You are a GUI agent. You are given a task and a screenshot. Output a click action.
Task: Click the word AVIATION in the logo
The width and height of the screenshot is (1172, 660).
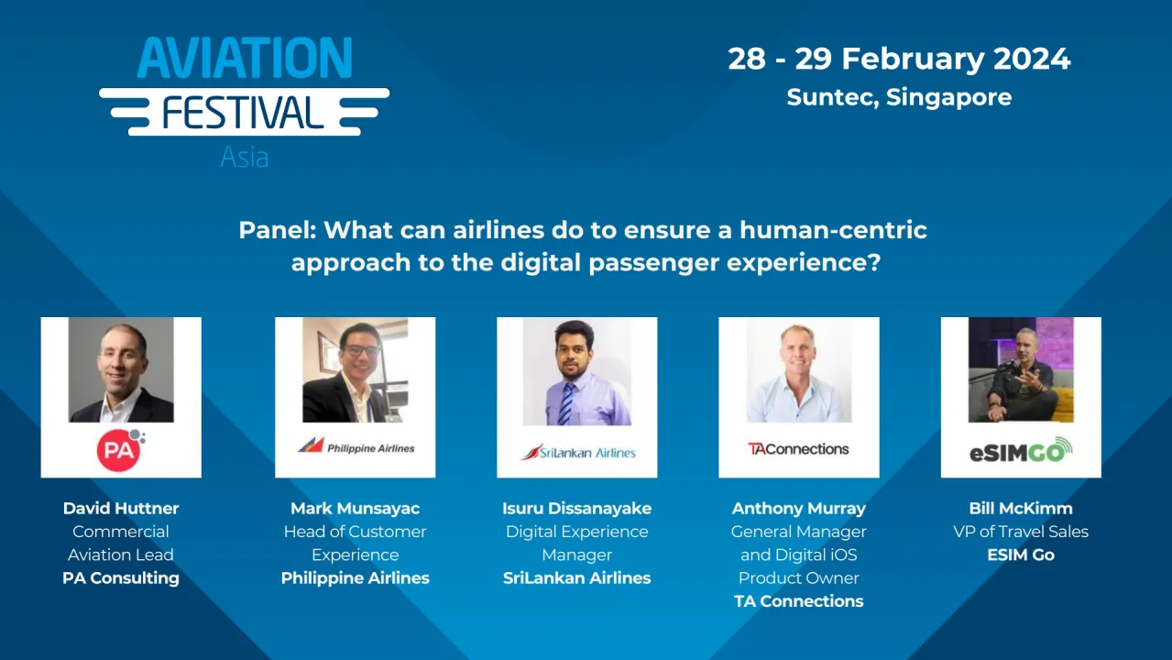245,59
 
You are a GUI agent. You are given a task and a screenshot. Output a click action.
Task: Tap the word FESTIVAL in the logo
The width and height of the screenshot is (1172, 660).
244,112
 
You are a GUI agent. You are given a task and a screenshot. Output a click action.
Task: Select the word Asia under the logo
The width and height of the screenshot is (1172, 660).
244,157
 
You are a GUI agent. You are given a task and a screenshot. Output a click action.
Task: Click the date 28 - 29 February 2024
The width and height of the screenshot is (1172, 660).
899,59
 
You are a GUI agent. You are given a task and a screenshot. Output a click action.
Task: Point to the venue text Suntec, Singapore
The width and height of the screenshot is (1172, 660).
899,97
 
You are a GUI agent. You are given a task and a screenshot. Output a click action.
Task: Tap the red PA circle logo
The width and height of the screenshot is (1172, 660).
118,450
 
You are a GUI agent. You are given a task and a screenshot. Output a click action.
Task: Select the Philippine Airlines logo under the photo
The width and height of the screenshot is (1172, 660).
356,447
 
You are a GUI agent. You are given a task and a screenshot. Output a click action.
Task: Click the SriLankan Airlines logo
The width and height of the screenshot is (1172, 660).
577,452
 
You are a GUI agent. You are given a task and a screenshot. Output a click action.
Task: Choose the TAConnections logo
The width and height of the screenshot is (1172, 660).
798,449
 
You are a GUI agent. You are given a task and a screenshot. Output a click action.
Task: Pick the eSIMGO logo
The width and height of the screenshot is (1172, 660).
1021,451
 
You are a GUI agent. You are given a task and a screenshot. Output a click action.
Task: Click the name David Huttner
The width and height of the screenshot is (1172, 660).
121,508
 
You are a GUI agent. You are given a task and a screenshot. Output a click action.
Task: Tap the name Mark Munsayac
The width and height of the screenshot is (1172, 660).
356,508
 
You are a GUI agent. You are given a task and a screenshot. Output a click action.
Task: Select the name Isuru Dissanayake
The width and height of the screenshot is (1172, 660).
577,508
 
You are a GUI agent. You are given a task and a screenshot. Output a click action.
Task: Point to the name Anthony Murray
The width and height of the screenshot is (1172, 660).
799,508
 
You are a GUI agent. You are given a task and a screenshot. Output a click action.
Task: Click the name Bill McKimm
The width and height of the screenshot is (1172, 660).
1021,508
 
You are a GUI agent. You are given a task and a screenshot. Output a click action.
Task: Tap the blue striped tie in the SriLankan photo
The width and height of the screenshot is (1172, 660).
566,403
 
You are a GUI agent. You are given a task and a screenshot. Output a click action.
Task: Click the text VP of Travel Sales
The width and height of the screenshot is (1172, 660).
1021,532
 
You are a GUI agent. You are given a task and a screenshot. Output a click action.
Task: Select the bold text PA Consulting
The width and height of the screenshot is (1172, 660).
121,578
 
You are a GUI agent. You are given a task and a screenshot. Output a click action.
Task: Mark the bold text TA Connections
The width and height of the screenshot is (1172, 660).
799,601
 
